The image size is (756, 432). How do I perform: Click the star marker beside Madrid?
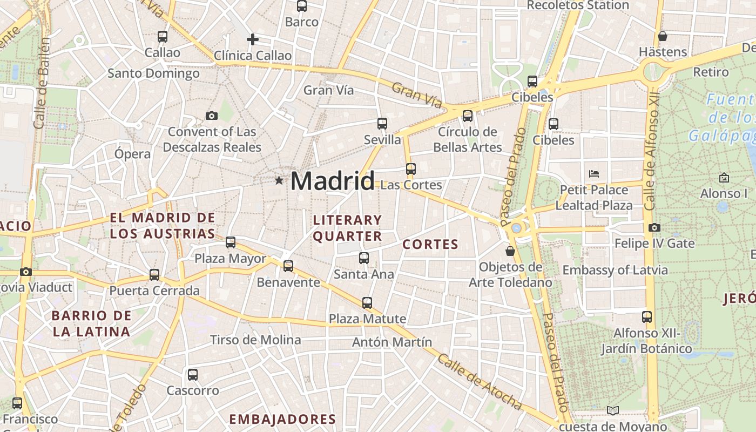click(279, 180)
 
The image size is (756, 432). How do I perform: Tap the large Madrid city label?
click(332, 180)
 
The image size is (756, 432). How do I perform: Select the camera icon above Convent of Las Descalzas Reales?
click(212, 116)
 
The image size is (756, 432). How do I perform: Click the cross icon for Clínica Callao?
click(252, 39)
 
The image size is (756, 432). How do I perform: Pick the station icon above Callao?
click(162, 37)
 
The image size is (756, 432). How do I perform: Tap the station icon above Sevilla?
click(382, 124)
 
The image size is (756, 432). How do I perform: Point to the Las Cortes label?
click(411, 185)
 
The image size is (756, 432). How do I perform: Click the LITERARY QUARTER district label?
click(348, 228)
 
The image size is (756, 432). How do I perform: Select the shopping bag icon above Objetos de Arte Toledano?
click(510, 251)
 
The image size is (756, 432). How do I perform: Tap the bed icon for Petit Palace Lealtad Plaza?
click(594, 174)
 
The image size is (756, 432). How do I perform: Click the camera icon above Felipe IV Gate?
click(654, 227)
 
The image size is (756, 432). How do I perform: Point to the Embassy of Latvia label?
click(615, 270)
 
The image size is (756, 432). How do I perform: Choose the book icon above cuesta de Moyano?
click(612, 410)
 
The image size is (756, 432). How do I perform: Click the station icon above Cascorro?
click(193, 375)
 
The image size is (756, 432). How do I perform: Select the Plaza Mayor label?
click(231, 259)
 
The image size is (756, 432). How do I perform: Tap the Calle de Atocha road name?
click(480, 382)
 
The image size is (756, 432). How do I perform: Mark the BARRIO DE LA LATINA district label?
click(92, 323)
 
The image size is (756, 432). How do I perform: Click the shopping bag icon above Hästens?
click(663, 36)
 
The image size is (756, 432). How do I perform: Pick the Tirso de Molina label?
click(255, 340)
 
